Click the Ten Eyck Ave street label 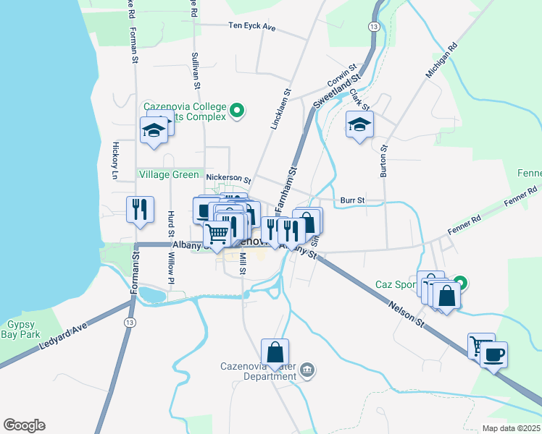252,27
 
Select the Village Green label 168,174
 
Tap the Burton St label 383,161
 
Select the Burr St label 351,200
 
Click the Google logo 24,425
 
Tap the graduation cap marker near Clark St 359,125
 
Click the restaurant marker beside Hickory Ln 140,209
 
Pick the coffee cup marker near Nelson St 493,354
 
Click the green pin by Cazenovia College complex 237,111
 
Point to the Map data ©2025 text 510,428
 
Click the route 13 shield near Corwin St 373,26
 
